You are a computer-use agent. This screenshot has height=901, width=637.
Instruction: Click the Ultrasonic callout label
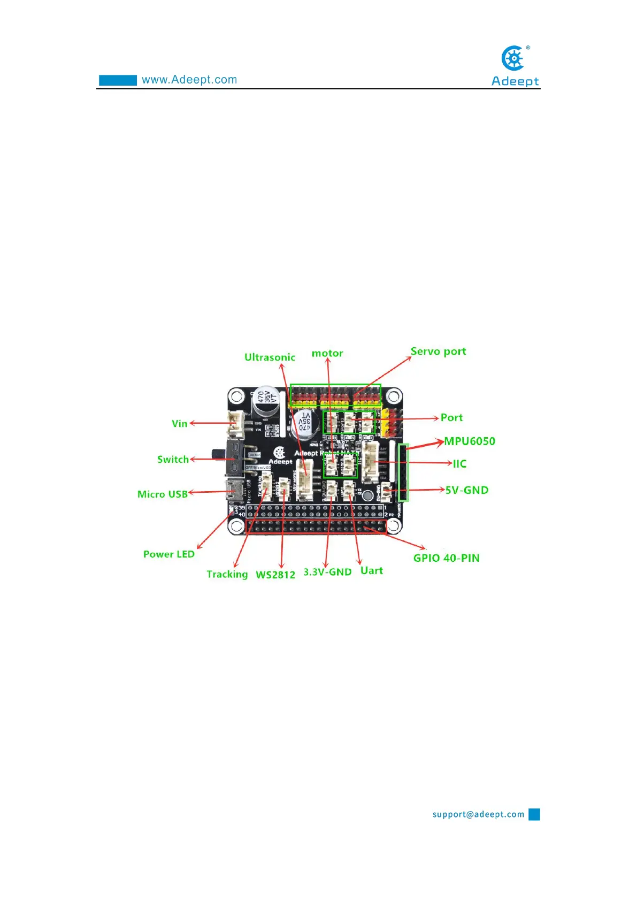click(270, 357)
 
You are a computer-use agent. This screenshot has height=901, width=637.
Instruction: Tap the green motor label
click(327, 353)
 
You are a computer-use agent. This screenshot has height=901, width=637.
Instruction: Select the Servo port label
click(438, 351)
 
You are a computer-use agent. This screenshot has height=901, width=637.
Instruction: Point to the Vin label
click(180, 423)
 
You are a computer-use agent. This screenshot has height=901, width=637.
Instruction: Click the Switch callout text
click(173, 459)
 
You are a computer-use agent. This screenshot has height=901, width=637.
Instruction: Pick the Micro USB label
click(163, 494)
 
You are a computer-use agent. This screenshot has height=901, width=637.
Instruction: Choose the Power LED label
click(168, 554)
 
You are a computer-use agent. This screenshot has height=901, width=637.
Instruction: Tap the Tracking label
click(227, 574)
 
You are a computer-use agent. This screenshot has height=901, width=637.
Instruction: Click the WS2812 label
click(275, 575)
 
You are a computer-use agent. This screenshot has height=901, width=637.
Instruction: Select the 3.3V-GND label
click(327, 571)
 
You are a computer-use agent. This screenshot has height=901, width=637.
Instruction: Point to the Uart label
click(371, 570)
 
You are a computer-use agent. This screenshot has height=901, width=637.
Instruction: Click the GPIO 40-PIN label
click(446, 558)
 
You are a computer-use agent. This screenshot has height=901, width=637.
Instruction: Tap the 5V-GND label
click(467, 490)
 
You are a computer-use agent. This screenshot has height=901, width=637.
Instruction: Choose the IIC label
click(459, 463)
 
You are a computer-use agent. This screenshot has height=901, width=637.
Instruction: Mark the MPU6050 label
click(470, 441)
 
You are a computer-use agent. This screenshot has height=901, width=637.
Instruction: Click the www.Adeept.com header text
click(189, 80)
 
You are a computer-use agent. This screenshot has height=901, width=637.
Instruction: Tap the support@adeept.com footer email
click(478, 814)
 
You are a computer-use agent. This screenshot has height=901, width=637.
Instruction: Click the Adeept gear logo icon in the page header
click(513, 58)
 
